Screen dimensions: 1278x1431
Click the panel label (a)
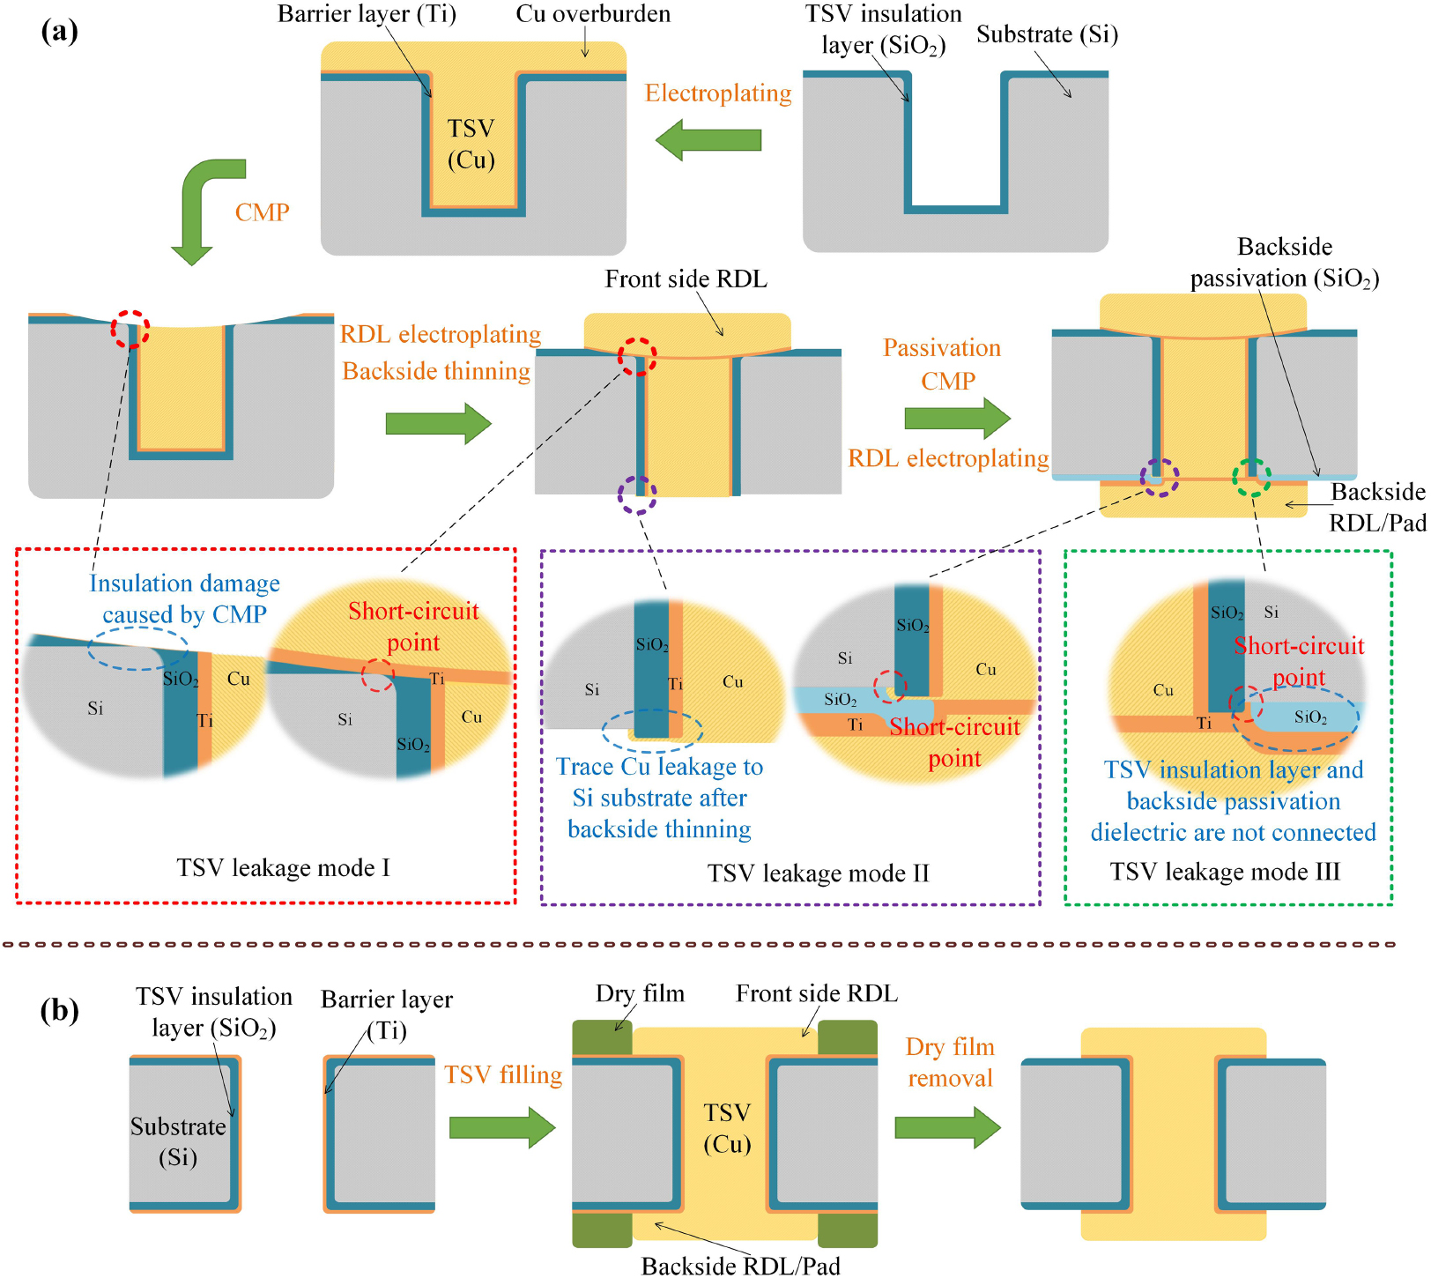pyautogui.click(x=59, y=32)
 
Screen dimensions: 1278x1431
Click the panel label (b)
pyautogui.click(x=59, y=1009)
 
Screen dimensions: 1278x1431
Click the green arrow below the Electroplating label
pyautogui.click(x=708, y=140)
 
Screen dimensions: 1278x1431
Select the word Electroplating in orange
pyautogui.click(x=717, y=93)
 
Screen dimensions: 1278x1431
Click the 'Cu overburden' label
pyautogui.click(x=593, y=14)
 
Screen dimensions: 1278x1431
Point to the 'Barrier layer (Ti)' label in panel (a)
pyautogui.click(x=367, y=14)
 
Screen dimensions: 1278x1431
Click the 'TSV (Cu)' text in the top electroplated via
pyautogui.click(x=471, y=145)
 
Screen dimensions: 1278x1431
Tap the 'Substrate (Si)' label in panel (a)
pyautogui.click(x=1047, y=34)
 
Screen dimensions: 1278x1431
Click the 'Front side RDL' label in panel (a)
pyautogui.click(x=686, y=279)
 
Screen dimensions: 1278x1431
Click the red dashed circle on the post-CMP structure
pyautogui.click(x=130, y=329)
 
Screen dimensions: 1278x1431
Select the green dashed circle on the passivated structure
pyautogui.click(x=1251, y=478)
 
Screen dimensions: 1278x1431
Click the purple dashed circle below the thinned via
pyautogui.click(x=637, y=495)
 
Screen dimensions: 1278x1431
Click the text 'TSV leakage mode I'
pyautogui.click(x=283, y=868)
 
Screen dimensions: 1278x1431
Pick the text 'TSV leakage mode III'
pyautogui.click(x=1225, y=872)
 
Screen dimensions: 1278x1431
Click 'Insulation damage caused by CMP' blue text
pyautogui.click(x=184, y=598)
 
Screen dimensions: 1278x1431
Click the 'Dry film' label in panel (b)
pyautogui.click(x=640, y=994)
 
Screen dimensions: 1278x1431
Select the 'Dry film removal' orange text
pyautogui.click(x=950, y=1062)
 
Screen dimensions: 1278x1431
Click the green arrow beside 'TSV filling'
pyautogui.click(x=501, y=1127)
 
